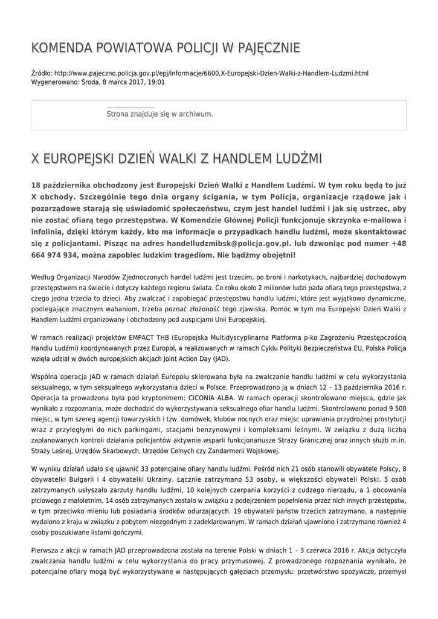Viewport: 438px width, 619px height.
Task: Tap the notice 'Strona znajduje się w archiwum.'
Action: pos(159,114)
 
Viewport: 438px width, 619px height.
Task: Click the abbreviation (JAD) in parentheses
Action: pos(221,358)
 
